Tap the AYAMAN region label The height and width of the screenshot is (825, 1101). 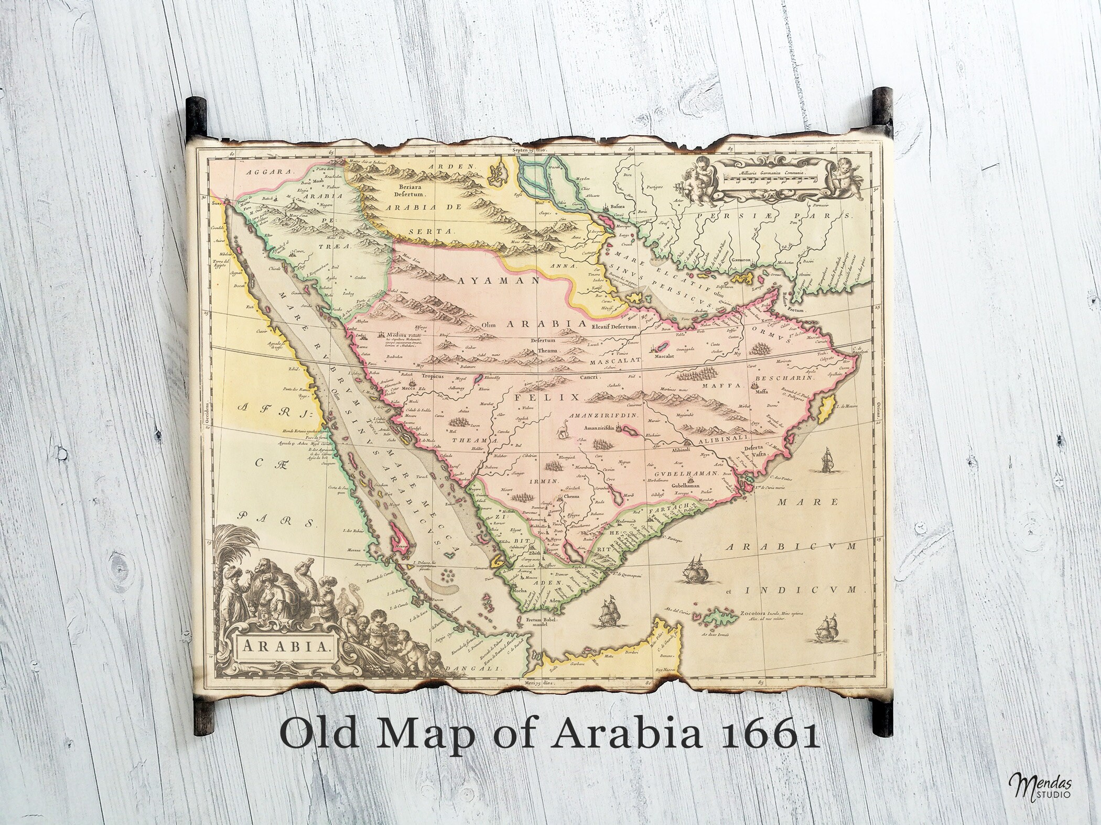[x=499, y=281]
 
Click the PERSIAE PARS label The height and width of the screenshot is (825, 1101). [x=772, y=216]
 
